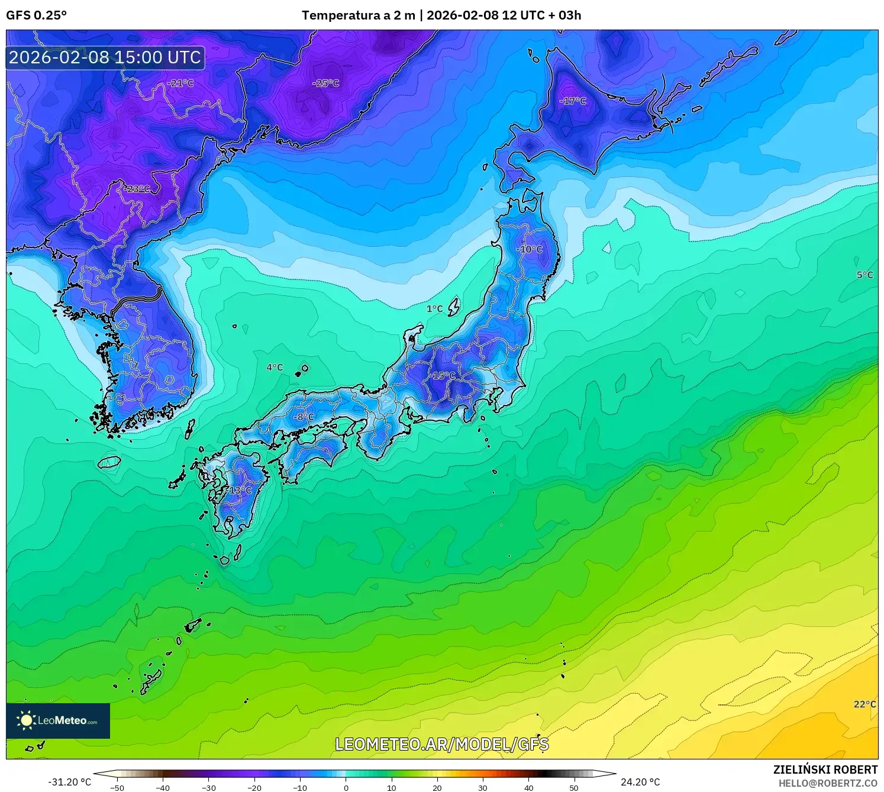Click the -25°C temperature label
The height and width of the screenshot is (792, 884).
tap(326, 83)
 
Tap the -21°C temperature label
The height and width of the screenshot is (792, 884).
tap(180, 83)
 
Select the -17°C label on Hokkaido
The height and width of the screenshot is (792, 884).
tap(573, 101)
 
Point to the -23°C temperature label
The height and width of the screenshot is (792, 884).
tap(137, 189)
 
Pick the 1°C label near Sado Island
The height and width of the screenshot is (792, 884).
tap(434, 308)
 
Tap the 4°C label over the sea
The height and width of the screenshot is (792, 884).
tap(275, 368)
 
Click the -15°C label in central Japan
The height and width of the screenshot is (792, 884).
tap(443, 376)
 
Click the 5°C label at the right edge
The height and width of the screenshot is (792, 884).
tap(864, 275)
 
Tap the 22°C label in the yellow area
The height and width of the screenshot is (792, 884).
tap(864, 704)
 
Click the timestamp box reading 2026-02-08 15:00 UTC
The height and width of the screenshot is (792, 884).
tap(105, 57)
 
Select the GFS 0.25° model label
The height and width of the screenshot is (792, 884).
tap(37, 15)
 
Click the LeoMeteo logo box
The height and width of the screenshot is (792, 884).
tap(58, 720)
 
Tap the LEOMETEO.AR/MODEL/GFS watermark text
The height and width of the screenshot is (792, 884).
tap(442, 744)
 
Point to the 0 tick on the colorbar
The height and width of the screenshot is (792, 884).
tap(346, 787)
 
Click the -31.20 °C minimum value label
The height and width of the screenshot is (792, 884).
tap(70, 782)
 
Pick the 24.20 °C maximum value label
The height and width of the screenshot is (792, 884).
tap(640, 782)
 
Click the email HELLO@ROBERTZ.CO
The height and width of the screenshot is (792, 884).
tap(828, 783)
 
